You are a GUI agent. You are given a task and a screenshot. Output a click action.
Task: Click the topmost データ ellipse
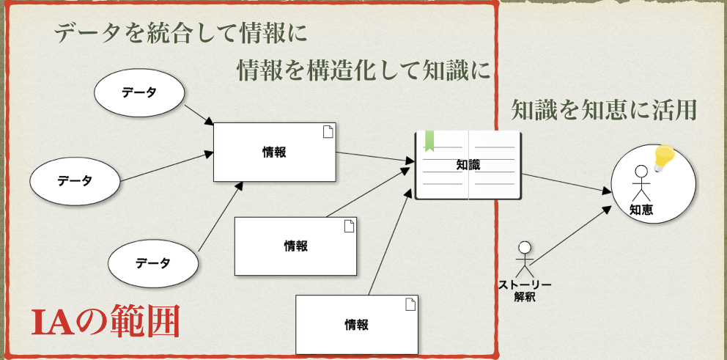(139, 93)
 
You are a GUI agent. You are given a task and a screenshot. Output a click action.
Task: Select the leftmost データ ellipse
(75, 181)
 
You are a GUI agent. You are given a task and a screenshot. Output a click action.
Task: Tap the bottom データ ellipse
(153, 263)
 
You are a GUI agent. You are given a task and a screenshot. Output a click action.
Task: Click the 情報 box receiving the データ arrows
(275, 153)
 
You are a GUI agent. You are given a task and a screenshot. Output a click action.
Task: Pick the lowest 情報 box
(357, 325)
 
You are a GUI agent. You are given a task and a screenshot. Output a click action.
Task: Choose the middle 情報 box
(296, 246)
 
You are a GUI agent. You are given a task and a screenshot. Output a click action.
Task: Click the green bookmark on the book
(429, 141)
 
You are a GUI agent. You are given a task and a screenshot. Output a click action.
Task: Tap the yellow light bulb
(664, 158)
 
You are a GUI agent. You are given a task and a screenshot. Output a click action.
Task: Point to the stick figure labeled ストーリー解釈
(525, 259)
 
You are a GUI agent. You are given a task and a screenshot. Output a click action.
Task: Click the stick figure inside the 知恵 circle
(641, 183)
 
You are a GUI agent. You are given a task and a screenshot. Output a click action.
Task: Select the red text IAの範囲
(106, 320)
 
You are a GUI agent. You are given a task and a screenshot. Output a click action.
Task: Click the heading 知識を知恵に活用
(604, 110)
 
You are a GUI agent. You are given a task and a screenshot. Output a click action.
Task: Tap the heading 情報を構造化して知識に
(364, 70)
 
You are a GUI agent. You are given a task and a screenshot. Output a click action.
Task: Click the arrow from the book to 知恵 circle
(566, 183)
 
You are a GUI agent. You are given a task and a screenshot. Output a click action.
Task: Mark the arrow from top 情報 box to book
(375, 157)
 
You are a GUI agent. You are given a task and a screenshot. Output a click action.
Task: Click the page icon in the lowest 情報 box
(410, 304)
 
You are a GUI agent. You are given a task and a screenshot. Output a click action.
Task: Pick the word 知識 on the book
(468, 165)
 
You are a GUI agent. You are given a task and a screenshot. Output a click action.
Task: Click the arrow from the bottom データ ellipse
(221, 216)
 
